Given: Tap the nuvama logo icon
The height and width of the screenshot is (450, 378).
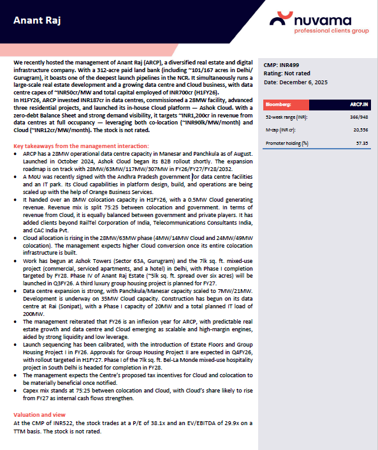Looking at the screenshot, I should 281,20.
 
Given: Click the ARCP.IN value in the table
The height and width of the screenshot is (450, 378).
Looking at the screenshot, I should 359,103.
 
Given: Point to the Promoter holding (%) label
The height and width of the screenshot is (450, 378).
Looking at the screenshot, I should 287,143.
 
